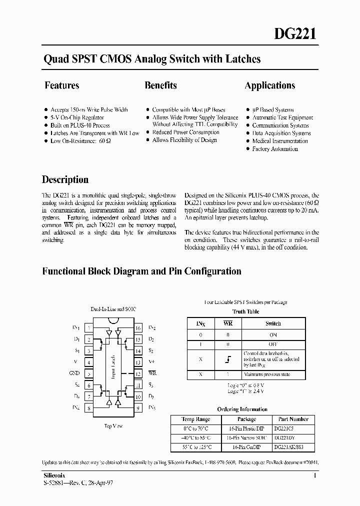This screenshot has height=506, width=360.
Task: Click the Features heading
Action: (x=62, y=85)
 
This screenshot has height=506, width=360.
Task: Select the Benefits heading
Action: (x=160, y=85)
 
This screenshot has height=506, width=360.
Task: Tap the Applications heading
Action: (x=269, y=85)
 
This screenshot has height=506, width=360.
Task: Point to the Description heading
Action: (x=65, y=179)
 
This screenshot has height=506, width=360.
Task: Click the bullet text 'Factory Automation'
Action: (x=274, y=149)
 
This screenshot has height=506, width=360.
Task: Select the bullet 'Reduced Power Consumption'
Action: (x=185, y=132)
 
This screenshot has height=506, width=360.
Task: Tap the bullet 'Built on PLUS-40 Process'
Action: (x=80, y=125)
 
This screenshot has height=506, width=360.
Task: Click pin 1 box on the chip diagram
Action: (x=88, y=328)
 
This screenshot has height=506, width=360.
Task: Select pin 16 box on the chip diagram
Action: (x=137, y=328)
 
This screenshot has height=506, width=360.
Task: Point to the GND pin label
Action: (x=74, y=373)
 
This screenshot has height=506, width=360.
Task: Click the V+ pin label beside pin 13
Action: (x=152, y=362)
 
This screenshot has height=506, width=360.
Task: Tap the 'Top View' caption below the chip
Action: (x=113, y=426)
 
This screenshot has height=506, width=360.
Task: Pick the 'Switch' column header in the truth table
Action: (x=273, y=323)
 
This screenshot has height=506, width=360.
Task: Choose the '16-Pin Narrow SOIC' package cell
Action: (x=246, y=437)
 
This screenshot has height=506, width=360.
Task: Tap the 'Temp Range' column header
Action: (x=195, y=419)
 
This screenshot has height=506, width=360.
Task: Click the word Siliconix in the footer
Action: (x=52, y=475)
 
